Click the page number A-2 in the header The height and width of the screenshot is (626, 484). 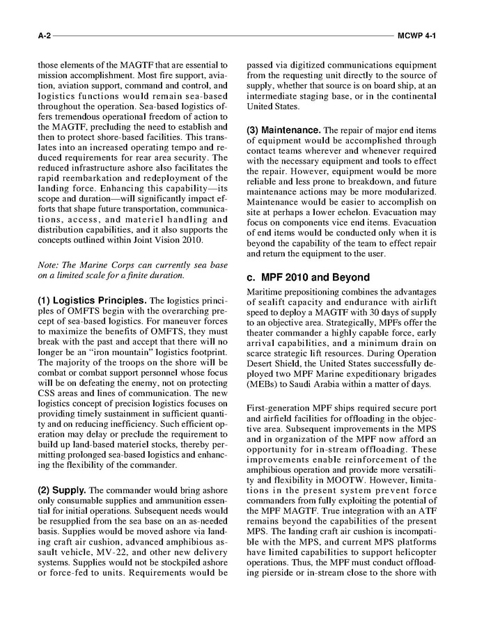click(x=45, y=33)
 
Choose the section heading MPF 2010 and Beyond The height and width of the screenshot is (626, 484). click(x=315, y=277)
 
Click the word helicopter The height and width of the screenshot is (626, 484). click(x=412, y=552)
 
